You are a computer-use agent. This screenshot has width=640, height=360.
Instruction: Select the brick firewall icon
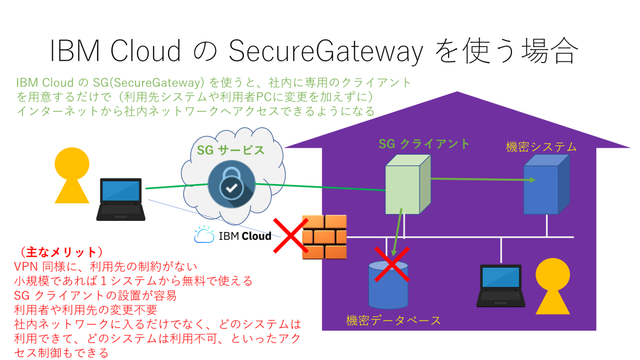pyautogui.click(x=324, y=237)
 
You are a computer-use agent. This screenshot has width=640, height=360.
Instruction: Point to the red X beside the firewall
pyautogui.click(x=291, y=235)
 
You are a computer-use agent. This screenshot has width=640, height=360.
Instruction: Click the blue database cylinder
pyautogui.click(x=388, y=285)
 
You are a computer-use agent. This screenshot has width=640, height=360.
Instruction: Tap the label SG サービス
pyautogui.click(x=230, y=150)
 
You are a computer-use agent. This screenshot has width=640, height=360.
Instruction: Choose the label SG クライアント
pyautogui.click(x=424, y=143)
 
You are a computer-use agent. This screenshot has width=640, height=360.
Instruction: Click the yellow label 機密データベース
pyautogui.click(x=394, y=321)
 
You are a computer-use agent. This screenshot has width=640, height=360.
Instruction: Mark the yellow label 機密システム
pyautogui.click(x=541, y=147)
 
